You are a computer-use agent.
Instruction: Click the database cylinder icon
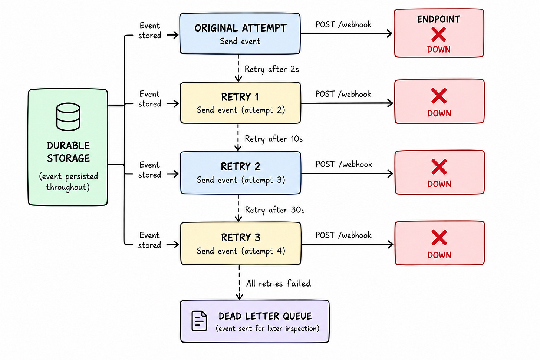[68, 117]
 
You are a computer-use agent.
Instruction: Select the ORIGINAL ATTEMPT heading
[240, 28]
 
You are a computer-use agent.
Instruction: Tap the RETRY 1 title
[240, 97]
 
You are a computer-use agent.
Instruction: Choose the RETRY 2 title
[240, 166]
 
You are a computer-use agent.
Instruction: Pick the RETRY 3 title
[241, 237]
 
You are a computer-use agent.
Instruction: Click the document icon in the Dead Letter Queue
[199, 321]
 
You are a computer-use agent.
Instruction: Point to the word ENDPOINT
[438, 19]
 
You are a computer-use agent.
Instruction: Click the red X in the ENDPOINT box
[438, 34]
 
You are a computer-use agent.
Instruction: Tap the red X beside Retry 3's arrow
[439, 238]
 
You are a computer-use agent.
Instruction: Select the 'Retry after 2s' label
[272, 69]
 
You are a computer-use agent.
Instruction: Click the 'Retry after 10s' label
[274, 139]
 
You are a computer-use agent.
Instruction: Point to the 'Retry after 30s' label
[274, 210]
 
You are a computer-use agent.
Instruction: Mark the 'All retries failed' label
[279, 283]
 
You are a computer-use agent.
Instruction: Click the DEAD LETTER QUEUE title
[265, 316]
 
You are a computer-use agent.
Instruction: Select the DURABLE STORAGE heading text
[68, 152]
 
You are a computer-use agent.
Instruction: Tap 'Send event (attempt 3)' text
[241, 180]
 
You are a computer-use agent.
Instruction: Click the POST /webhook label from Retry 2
[343, 164]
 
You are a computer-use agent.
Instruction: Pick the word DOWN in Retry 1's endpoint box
[439, 113]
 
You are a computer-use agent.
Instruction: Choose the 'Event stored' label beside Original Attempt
[150, 31]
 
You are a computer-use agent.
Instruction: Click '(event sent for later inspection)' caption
[267, 328]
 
